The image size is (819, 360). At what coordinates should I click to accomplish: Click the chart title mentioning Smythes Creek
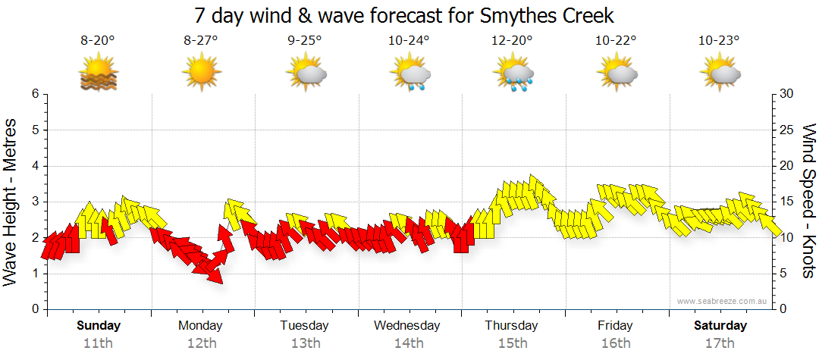click(403, 15)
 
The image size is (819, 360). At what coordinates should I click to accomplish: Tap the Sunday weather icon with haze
click(98, 74)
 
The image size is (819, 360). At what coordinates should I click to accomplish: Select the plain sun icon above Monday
click(201, 74)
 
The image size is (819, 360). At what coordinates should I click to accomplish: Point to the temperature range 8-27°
click(201, 41)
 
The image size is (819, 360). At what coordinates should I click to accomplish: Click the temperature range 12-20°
click(513, 41)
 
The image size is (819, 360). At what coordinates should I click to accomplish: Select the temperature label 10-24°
click(409, 41)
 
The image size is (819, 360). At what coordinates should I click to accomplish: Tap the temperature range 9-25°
click(305, 41)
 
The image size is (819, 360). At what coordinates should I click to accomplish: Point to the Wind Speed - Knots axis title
click(808, 202)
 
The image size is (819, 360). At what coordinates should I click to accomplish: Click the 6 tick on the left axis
click(34, 94)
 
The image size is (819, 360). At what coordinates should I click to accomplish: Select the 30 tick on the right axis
click(786, 94)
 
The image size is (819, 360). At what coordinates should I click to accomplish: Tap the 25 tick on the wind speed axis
click(786, 130)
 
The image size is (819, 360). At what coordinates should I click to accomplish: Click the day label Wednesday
click(407, 326)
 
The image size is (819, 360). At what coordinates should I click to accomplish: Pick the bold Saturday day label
click(721, 326)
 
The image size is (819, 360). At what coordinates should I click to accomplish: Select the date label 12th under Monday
click(201, 343)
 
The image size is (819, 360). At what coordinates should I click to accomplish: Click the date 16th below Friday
click(615, 343)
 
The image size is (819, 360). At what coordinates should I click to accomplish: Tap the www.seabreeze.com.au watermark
click(723, 301)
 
